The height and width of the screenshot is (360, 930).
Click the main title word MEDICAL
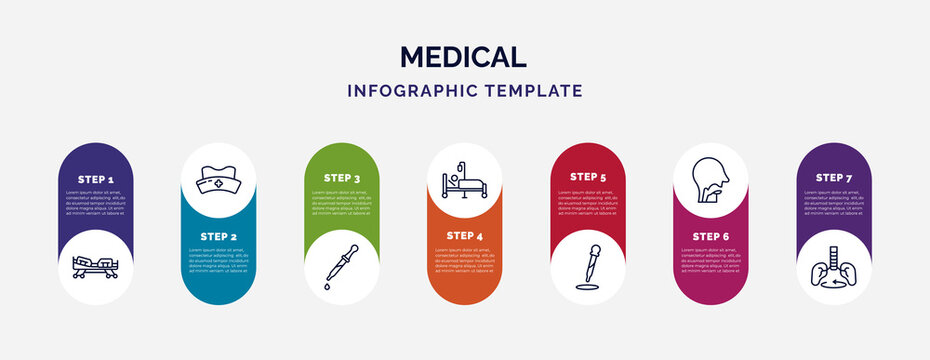click(464, 56)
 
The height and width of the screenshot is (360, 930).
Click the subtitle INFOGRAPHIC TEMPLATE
click(464, 90)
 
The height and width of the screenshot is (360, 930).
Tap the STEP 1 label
click(95, 178)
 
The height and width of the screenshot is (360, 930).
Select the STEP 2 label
click(218, 236)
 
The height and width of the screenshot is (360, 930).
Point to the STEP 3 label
click(341, 178)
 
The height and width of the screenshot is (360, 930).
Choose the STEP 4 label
click(464, 236)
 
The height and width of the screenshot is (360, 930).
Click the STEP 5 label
click(587, 177)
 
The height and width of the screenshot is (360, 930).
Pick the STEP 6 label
click(710, 236)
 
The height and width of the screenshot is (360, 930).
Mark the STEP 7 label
click(833, 177)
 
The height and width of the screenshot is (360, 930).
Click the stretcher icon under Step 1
click(95, 266)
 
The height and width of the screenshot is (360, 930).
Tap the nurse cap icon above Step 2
click(218, 180)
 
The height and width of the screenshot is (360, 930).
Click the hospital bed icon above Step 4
click(464, 181)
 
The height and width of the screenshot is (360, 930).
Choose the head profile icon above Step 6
click(710, 180)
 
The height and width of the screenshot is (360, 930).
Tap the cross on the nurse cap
click(218, 184)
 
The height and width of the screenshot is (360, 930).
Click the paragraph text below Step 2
click(218, 258)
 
